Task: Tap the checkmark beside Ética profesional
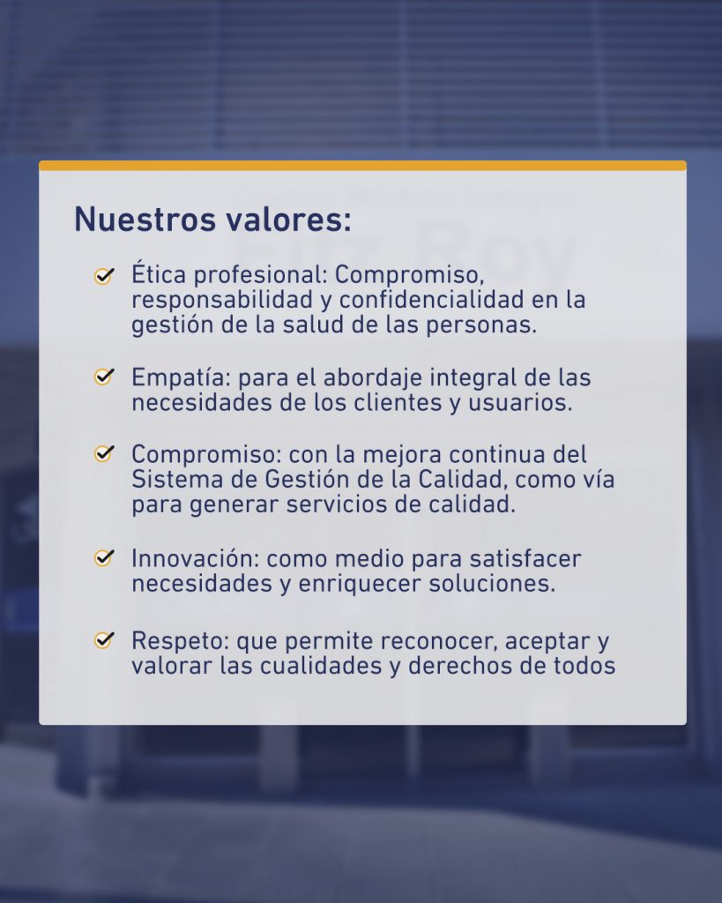(104, 276)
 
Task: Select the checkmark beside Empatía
(104, 377)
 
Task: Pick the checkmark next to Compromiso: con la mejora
(104, 453)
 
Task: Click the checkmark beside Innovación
(104, 557)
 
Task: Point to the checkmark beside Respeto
(104, 640)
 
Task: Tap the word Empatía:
(181, 378)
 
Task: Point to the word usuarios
(520, 402)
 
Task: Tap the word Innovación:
(195, 558)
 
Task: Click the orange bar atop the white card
(362, 165)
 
